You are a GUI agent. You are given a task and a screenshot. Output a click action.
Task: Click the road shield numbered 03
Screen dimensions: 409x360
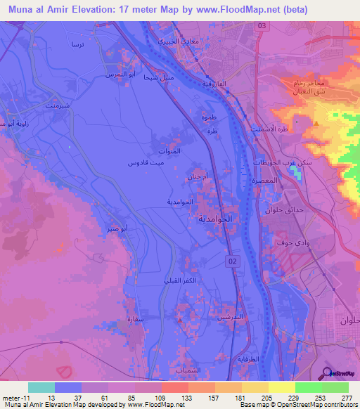(x=262, y=25)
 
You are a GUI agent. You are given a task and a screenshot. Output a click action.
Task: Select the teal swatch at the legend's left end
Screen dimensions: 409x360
(x=41, y=387)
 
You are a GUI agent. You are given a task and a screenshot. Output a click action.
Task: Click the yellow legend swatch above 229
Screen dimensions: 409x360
(x=282, y=387)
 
